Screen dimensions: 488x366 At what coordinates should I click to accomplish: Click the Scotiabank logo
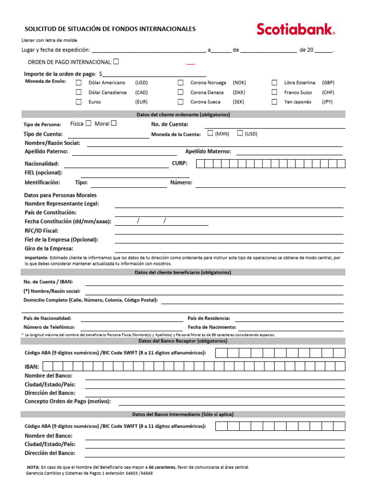(295, 30)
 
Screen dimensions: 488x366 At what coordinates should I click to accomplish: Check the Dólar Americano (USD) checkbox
(79, 82)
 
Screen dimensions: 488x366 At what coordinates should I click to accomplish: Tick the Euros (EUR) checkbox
(79, 102)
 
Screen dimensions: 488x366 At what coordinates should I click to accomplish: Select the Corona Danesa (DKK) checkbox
(181, 92)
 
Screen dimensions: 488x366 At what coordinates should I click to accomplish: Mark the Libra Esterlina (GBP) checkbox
(274, 82)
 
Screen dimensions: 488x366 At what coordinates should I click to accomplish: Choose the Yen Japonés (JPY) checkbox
(274, 102)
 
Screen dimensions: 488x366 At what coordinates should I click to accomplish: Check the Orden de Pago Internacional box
(116, 61)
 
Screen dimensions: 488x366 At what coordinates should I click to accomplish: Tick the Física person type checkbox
(88, 123)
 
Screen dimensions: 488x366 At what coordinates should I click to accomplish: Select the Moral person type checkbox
(113, 123)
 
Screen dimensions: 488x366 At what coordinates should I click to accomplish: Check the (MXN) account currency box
(210, 133)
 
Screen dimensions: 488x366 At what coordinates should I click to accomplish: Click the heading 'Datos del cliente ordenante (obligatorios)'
(183, 115)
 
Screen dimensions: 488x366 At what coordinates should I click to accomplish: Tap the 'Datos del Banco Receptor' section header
(183, 341)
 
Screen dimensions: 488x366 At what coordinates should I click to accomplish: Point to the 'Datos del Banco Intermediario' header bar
(183, 414)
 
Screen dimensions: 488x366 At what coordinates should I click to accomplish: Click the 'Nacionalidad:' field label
(42, 164)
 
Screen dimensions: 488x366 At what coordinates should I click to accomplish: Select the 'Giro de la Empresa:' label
(49, 248)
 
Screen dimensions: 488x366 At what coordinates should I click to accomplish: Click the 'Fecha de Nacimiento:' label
(212, 327)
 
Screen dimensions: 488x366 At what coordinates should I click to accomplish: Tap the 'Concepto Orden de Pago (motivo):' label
(67, 401)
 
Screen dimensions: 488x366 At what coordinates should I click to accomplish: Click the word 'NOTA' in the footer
(33, 468)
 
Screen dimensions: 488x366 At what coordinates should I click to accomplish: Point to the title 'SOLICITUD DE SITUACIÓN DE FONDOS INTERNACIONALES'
(110, 29)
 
